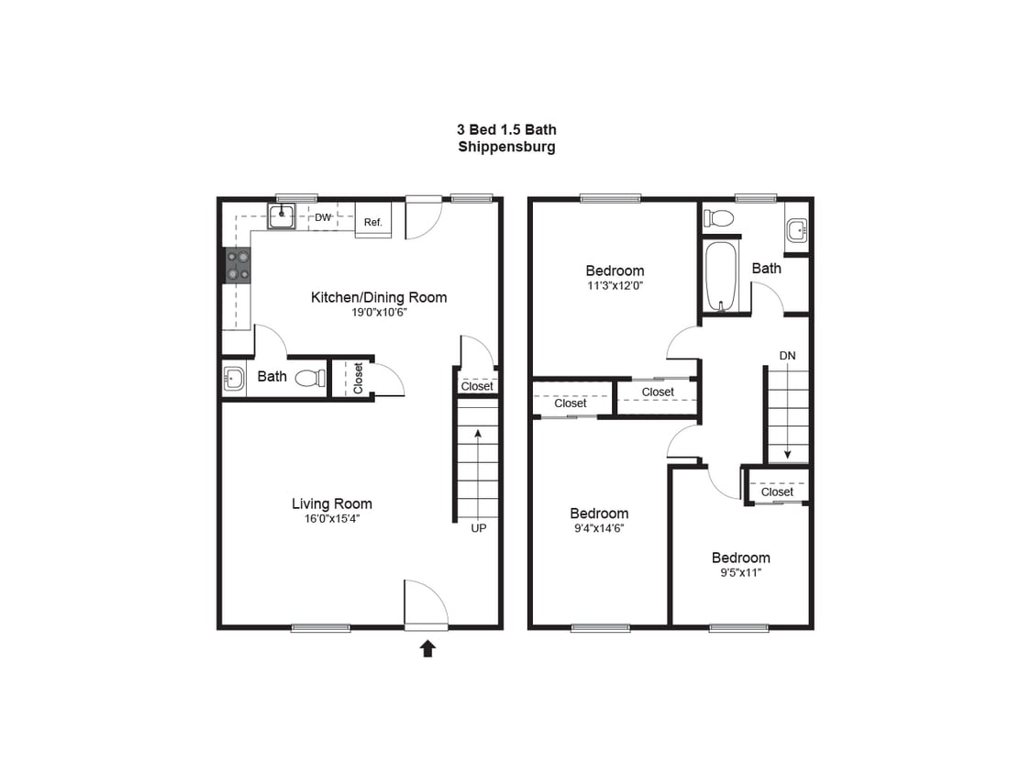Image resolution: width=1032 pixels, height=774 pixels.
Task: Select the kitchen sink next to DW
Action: pyautogui.click(x=282, y=216)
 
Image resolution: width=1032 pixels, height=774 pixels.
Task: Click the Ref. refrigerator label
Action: pyautogui.click(x=372, y=222)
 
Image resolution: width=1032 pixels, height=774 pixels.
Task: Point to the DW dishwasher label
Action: pyautogui.click(x=322, y=217)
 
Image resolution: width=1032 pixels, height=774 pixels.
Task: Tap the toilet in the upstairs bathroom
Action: pyautogui.click(x=719, y=218)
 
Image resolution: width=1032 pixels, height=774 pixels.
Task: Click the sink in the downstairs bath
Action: pyautogui.click(x=233, y=377)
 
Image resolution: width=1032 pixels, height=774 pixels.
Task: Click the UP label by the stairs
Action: pyautogui.click(x=479, y=528)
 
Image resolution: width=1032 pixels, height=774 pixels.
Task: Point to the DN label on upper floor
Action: pyautogui.click(x=787, y=355)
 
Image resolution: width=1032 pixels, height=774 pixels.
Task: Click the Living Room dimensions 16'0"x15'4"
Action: pyautogui.click(x=332, y=519)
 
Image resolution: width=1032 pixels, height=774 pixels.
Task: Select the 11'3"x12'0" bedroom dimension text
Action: pyautogui.click(x=615, y=285)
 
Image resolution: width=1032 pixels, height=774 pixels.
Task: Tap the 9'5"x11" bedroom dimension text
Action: pyautogui.click(x=740, y=572)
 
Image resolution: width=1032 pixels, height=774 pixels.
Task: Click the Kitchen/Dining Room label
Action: pyautogui.click(x=379, y=297)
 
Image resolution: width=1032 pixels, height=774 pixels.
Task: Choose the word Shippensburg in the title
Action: pyautogui.click(x=506, y=147)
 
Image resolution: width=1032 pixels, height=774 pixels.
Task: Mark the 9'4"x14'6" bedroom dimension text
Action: pyautogui.click(x=599, y=528)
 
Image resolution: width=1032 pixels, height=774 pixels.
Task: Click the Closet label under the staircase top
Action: pyautogui.click(x=477, y=386)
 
